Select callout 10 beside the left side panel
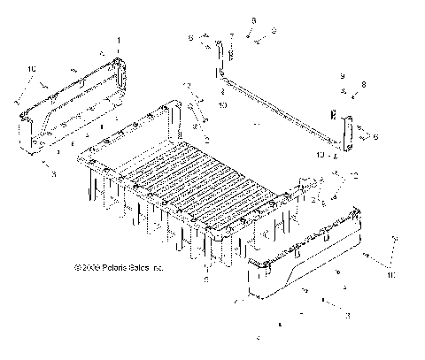coord(33,69)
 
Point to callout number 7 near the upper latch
coord(232,38)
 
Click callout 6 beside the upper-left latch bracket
coord(189,38)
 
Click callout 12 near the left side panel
coord(189,85)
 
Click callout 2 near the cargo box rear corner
coord(205,139)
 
